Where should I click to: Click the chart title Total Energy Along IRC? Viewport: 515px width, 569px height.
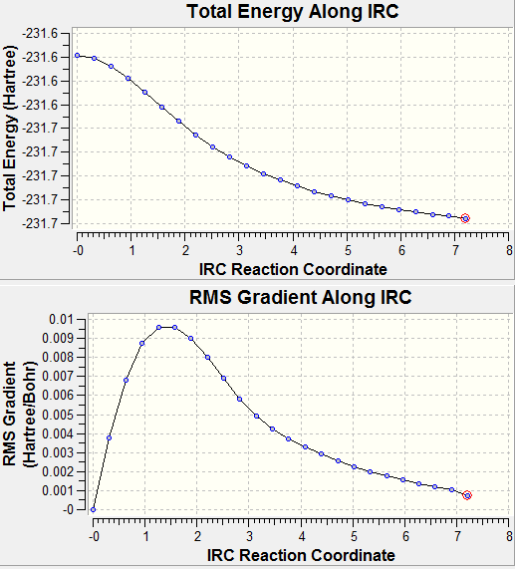293,11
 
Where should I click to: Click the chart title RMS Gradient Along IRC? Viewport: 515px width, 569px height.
300,297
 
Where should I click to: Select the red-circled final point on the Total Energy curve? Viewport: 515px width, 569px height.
465,218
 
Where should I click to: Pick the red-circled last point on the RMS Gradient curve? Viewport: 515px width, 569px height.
467,495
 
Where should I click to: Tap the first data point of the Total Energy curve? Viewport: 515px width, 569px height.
78,55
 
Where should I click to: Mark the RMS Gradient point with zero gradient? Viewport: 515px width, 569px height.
93,509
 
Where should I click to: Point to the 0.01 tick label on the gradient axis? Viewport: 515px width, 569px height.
61,320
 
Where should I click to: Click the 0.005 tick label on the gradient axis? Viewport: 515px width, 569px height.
58,415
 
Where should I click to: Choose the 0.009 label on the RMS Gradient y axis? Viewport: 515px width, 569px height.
58,339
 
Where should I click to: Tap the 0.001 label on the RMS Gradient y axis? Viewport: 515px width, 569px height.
58,491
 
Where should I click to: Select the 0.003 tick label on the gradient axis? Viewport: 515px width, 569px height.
58,452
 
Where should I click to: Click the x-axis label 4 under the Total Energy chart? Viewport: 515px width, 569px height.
294,250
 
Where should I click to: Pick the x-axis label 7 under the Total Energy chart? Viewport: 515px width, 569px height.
455,250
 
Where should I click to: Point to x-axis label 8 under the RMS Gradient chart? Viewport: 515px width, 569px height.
510,536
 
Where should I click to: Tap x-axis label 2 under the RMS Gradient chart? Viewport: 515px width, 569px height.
197,536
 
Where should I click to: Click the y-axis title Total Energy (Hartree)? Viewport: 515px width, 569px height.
10,129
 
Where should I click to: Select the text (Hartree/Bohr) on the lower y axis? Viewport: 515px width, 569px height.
30,415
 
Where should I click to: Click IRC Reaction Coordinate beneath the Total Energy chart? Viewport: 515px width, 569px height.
293,269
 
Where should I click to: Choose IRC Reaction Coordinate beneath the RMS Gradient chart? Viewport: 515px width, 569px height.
301,555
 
